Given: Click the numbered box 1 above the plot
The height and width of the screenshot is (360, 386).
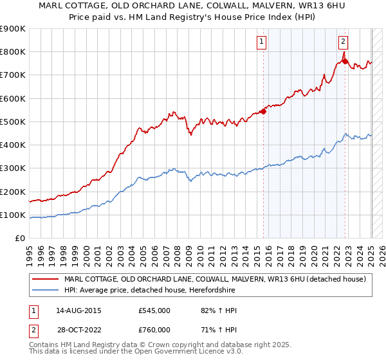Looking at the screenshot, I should tap(262, 42).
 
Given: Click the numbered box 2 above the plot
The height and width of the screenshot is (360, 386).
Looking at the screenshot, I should tap(344, 42).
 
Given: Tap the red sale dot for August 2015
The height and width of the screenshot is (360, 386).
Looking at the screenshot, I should tap(263, 111).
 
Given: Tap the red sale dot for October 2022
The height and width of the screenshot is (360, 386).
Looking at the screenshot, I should tap(345, 61).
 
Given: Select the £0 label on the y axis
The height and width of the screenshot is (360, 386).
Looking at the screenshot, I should tap(19, 239).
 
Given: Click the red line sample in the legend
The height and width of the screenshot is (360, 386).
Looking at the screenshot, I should tap(46, 279).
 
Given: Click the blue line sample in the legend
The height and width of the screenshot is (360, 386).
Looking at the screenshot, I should tap(46, 290).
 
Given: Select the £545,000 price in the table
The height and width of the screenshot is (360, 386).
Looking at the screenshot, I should tap(154, 310).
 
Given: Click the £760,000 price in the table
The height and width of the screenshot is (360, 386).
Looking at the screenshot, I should tap(154, 329).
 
